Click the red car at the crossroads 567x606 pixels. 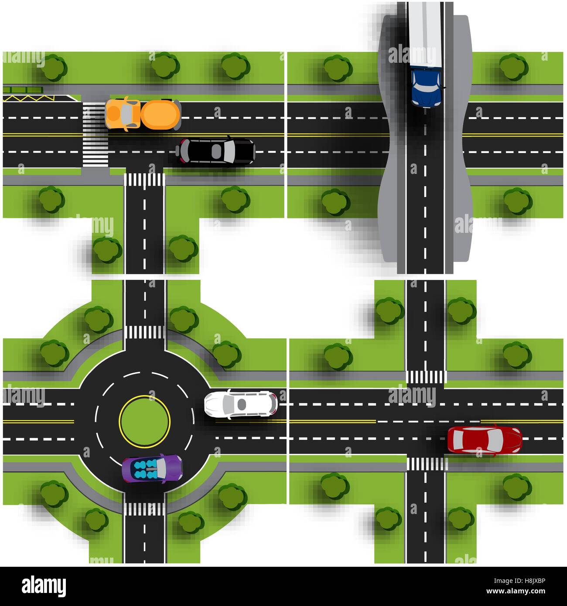pyautogui.click(x=484, y=439)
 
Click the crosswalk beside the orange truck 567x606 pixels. pyautogui.click(x=95, y=134)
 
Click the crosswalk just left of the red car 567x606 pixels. pyautogui.click(x=426, y=463)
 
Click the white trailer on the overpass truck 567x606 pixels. pyautogui.click(x=426, y=35)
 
